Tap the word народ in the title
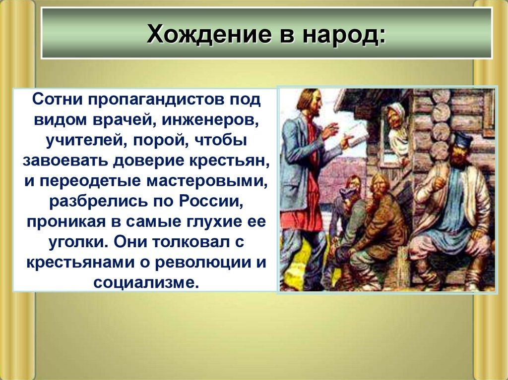344,35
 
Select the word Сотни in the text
55,99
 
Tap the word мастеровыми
207,181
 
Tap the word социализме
145,283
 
